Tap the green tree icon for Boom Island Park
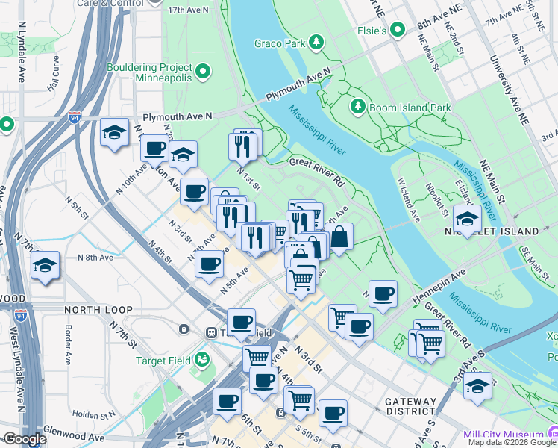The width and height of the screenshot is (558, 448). point(358,108)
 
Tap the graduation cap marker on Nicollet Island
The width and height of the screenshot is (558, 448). point(466,220)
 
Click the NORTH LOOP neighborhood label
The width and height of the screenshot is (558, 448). point(98,309)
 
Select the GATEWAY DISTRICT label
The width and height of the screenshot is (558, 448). point(410,406)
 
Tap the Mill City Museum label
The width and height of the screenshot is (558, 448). point(503,435)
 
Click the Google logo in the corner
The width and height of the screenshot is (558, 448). point(24,439)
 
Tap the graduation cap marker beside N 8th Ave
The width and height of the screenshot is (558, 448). point(45,266)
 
